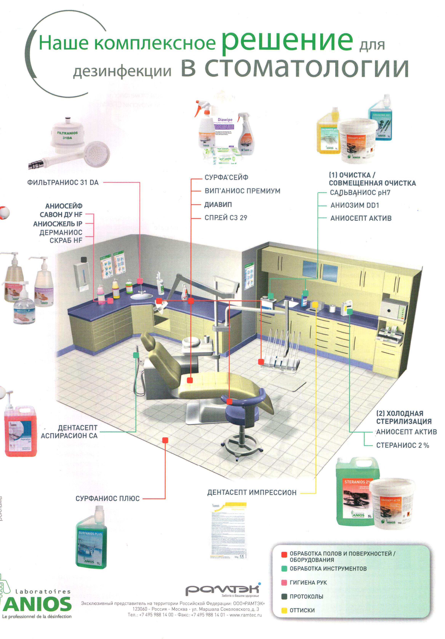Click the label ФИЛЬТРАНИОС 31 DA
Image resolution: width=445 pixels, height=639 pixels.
[63, 183]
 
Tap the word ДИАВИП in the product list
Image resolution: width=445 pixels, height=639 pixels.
[218, 205]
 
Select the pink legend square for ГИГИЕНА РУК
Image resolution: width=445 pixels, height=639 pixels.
[284, 582]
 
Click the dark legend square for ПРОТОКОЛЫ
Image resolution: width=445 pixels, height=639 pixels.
[284, 596]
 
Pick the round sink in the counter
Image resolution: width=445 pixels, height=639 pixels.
[141, 296]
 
